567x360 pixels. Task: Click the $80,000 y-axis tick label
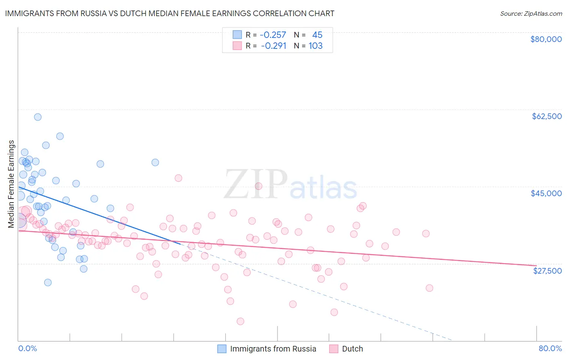(x=546, y=39)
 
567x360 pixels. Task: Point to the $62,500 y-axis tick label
(x=546, y=116)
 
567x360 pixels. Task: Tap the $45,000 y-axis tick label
(x=546, y=193)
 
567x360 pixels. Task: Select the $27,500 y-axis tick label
(x=547, y=271)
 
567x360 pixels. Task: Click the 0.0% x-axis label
(x=27, y=348)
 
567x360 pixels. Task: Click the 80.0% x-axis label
(x=550, y=348)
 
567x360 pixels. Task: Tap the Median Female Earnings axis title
(x=11, y=184)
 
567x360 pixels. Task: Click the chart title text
(x=169, y=13)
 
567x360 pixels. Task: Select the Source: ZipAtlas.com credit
(x=531, y=14)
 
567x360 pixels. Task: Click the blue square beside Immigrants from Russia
(x=222, y=349)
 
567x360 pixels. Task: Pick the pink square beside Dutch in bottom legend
(x=334, y=349)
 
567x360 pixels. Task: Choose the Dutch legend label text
(x=352, y=349)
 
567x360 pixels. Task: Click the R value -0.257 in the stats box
(x=273, y=35)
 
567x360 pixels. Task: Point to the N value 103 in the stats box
(x=315, y=46)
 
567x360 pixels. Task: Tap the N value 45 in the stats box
(x=317, y=35)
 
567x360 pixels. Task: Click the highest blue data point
(x=38, y=117)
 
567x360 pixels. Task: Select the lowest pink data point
(x=240, y=321)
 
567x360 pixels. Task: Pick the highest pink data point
(x=178, y=178)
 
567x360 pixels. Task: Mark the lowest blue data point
(x=48, y=283)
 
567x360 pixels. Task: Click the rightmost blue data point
(x=155, y=163)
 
